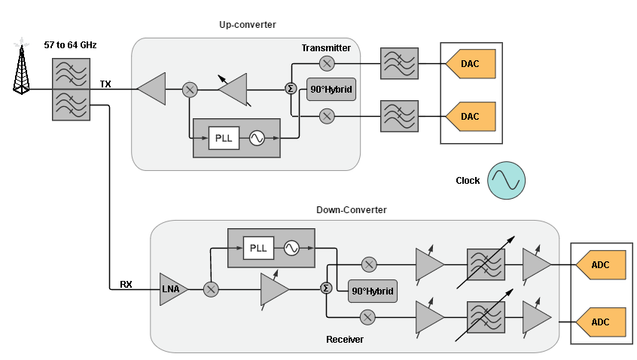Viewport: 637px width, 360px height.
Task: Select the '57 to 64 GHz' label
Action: (70, 45)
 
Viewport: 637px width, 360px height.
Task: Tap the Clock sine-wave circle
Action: (506, 181)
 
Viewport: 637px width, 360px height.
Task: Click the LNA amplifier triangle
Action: (172, 289)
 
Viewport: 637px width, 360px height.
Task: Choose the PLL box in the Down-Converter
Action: (258, 248)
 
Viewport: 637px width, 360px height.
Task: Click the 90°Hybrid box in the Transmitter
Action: (331, 90)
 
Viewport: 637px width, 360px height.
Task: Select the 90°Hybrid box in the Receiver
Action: (372, 291)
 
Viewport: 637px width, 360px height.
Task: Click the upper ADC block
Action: (602, 265)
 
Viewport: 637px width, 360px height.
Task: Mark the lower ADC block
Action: (602, 322)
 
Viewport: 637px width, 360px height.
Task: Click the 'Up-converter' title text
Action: (247, 25)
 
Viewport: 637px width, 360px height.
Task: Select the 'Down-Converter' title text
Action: (352, 210)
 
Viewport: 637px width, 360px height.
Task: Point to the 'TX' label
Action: (105, 84)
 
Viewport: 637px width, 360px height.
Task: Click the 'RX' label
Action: (126, 285)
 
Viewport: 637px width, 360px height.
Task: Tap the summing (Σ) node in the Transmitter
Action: (291, 89)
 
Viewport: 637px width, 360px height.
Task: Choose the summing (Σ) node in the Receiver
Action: (326, 288)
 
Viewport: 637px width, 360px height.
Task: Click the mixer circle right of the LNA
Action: (212, 289)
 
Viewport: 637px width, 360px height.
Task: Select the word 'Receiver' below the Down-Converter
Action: (345, 340)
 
